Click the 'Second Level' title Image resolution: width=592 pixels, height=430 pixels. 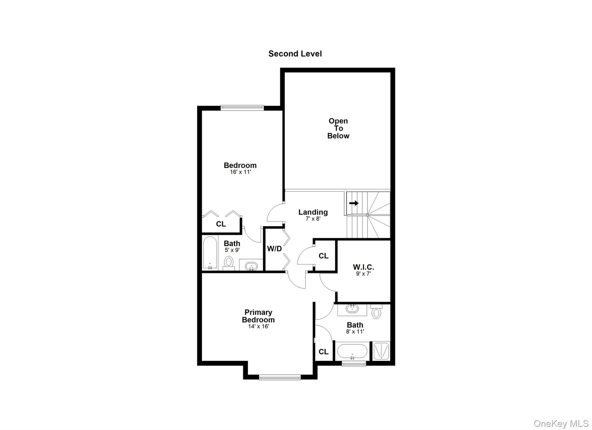click(295, 54)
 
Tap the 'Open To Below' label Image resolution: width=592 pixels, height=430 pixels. click(338, 129)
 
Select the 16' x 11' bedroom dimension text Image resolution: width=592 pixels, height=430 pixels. click(240, 172)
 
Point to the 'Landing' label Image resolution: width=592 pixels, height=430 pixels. click(313, 212)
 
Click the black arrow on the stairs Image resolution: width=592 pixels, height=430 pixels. click(354, 203)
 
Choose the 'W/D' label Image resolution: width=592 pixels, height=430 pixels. click(274, 249)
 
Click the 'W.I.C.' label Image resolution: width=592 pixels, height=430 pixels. click(363, 267)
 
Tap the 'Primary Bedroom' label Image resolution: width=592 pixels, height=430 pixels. click(258, 316)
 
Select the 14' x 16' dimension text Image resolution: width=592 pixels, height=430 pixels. click(258, 326)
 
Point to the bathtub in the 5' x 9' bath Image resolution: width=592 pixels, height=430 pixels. click(210, 253)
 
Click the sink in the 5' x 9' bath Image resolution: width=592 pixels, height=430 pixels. click(251, 266)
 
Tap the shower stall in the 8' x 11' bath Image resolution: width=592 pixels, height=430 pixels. click(381, 351)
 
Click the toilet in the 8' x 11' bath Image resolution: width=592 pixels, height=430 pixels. click(376, 312)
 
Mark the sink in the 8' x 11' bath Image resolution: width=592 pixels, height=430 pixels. click(352, 309)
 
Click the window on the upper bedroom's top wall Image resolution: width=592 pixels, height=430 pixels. click(242, 108)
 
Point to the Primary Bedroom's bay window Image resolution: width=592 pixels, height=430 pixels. click(280, 377)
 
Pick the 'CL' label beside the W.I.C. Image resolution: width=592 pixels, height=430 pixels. click(323, 256)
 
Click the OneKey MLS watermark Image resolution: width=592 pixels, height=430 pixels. click(561, 424)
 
